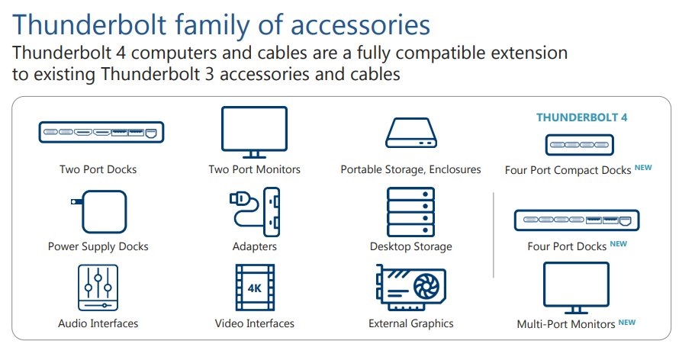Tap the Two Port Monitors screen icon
(x=254, y=130)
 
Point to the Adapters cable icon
(x=254, y=212)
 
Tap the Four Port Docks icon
(x=577, y=221)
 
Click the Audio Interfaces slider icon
(x=98, y=288)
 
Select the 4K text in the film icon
(x=254, y=288)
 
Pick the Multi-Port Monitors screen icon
(x=575, y=286)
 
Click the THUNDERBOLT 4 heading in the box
(x=581, y=117)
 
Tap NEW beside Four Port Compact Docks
(x=643, y=167)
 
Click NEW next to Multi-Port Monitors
(x=626, y=322)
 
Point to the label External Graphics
(x=410, y=323)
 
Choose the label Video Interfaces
(x=254, y=323)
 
